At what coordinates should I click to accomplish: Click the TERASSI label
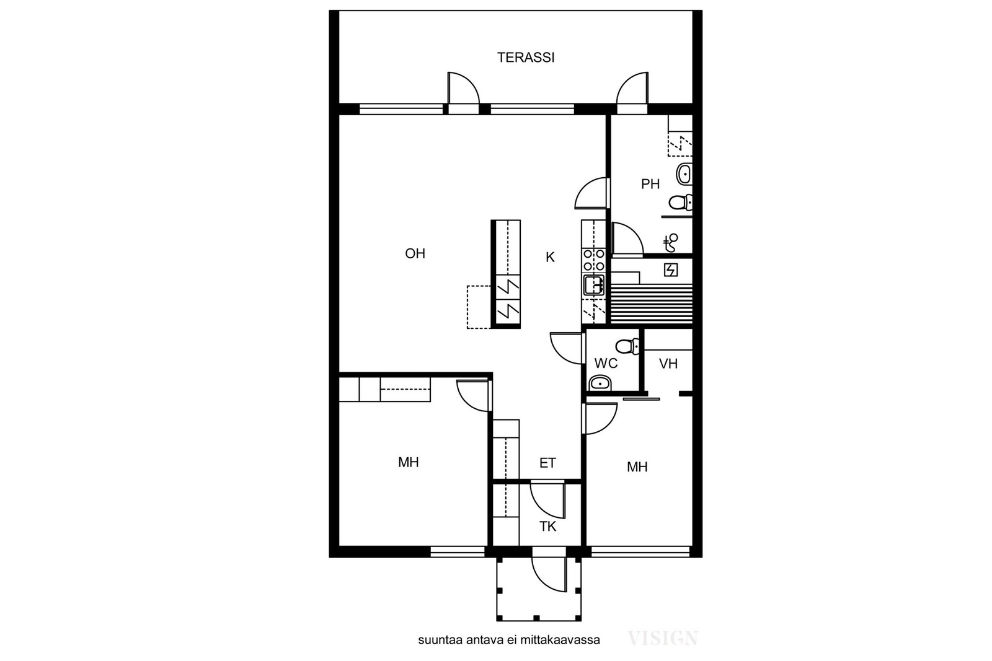pos(526,58)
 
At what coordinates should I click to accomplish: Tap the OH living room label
pos(415,253)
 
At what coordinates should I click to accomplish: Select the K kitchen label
pos(550,257)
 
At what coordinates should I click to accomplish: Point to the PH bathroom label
pos(650,184)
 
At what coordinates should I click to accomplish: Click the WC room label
pos(606,363)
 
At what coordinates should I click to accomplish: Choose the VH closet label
pos(668,364)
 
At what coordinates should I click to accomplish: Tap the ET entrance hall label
pos(547,463)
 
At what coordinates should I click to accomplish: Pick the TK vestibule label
pos(547,527)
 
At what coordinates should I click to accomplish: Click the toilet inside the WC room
pos(627,346)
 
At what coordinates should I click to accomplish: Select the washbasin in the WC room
pos(600,383)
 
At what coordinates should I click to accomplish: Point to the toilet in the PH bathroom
pos(680,203)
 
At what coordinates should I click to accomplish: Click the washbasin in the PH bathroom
pos(684,174)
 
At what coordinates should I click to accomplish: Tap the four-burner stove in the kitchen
pos(593,260)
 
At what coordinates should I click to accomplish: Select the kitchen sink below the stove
pos(593,285)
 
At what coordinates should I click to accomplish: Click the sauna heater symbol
pos(671,269)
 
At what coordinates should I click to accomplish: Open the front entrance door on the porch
pos(549,574)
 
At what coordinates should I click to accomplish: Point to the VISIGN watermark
pos(663,639)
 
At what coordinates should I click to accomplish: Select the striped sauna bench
pos(652,304)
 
